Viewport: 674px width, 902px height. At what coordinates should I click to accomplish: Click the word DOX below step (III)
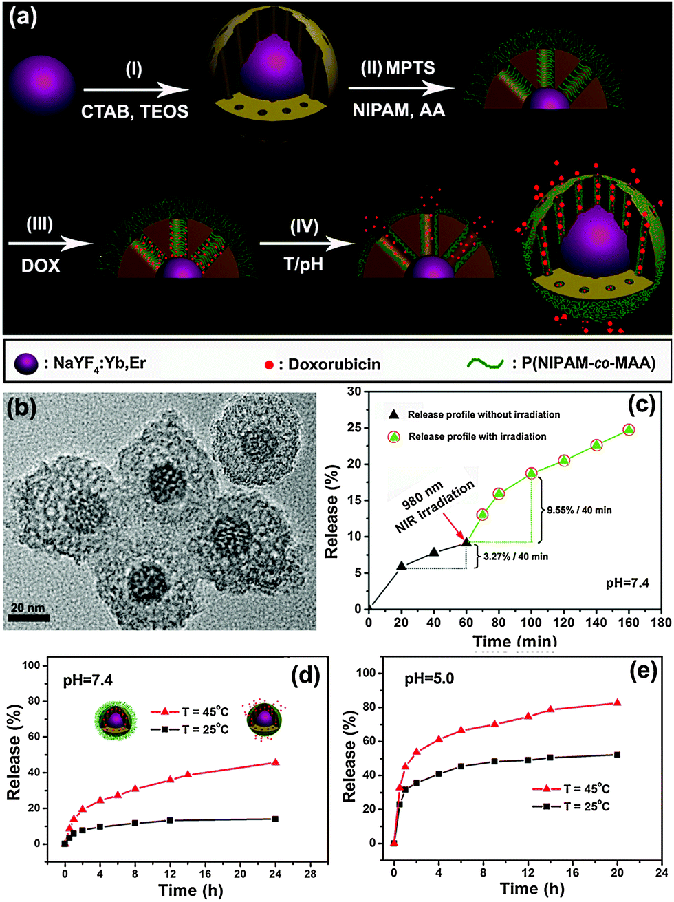41,265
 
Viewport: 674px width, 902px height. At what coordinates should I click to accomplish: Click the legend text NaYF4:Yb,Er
100,363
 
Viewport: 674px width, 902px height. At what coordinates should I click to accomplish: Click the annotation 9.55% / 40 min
579,510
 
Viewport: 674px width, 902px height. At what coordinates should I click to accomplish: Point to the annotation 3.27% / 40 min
513,556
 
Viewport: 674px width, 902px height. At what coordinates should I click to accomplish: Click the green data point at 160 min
628,430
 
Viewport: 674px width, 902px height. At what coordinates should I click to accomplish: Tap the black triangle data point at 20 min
402,566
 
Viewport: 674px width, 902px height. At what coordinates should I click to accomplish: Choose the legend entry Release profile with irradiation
477,436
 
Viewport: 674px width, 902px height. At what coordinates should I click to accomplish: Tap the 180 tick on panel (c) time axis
662,623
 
